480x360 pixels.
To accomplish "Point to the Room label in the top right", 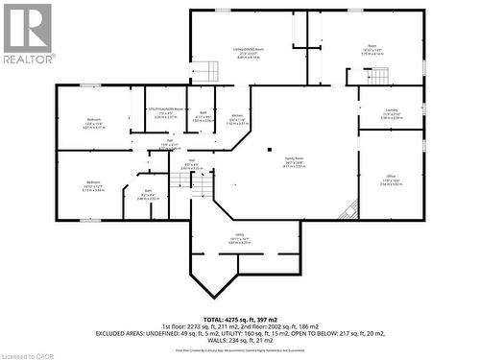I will click(372, 45).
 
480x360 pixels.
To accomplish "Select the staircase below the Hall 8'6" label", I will click(200, 190).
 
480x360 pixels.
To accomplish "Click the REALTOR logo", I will click(26, 34).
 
